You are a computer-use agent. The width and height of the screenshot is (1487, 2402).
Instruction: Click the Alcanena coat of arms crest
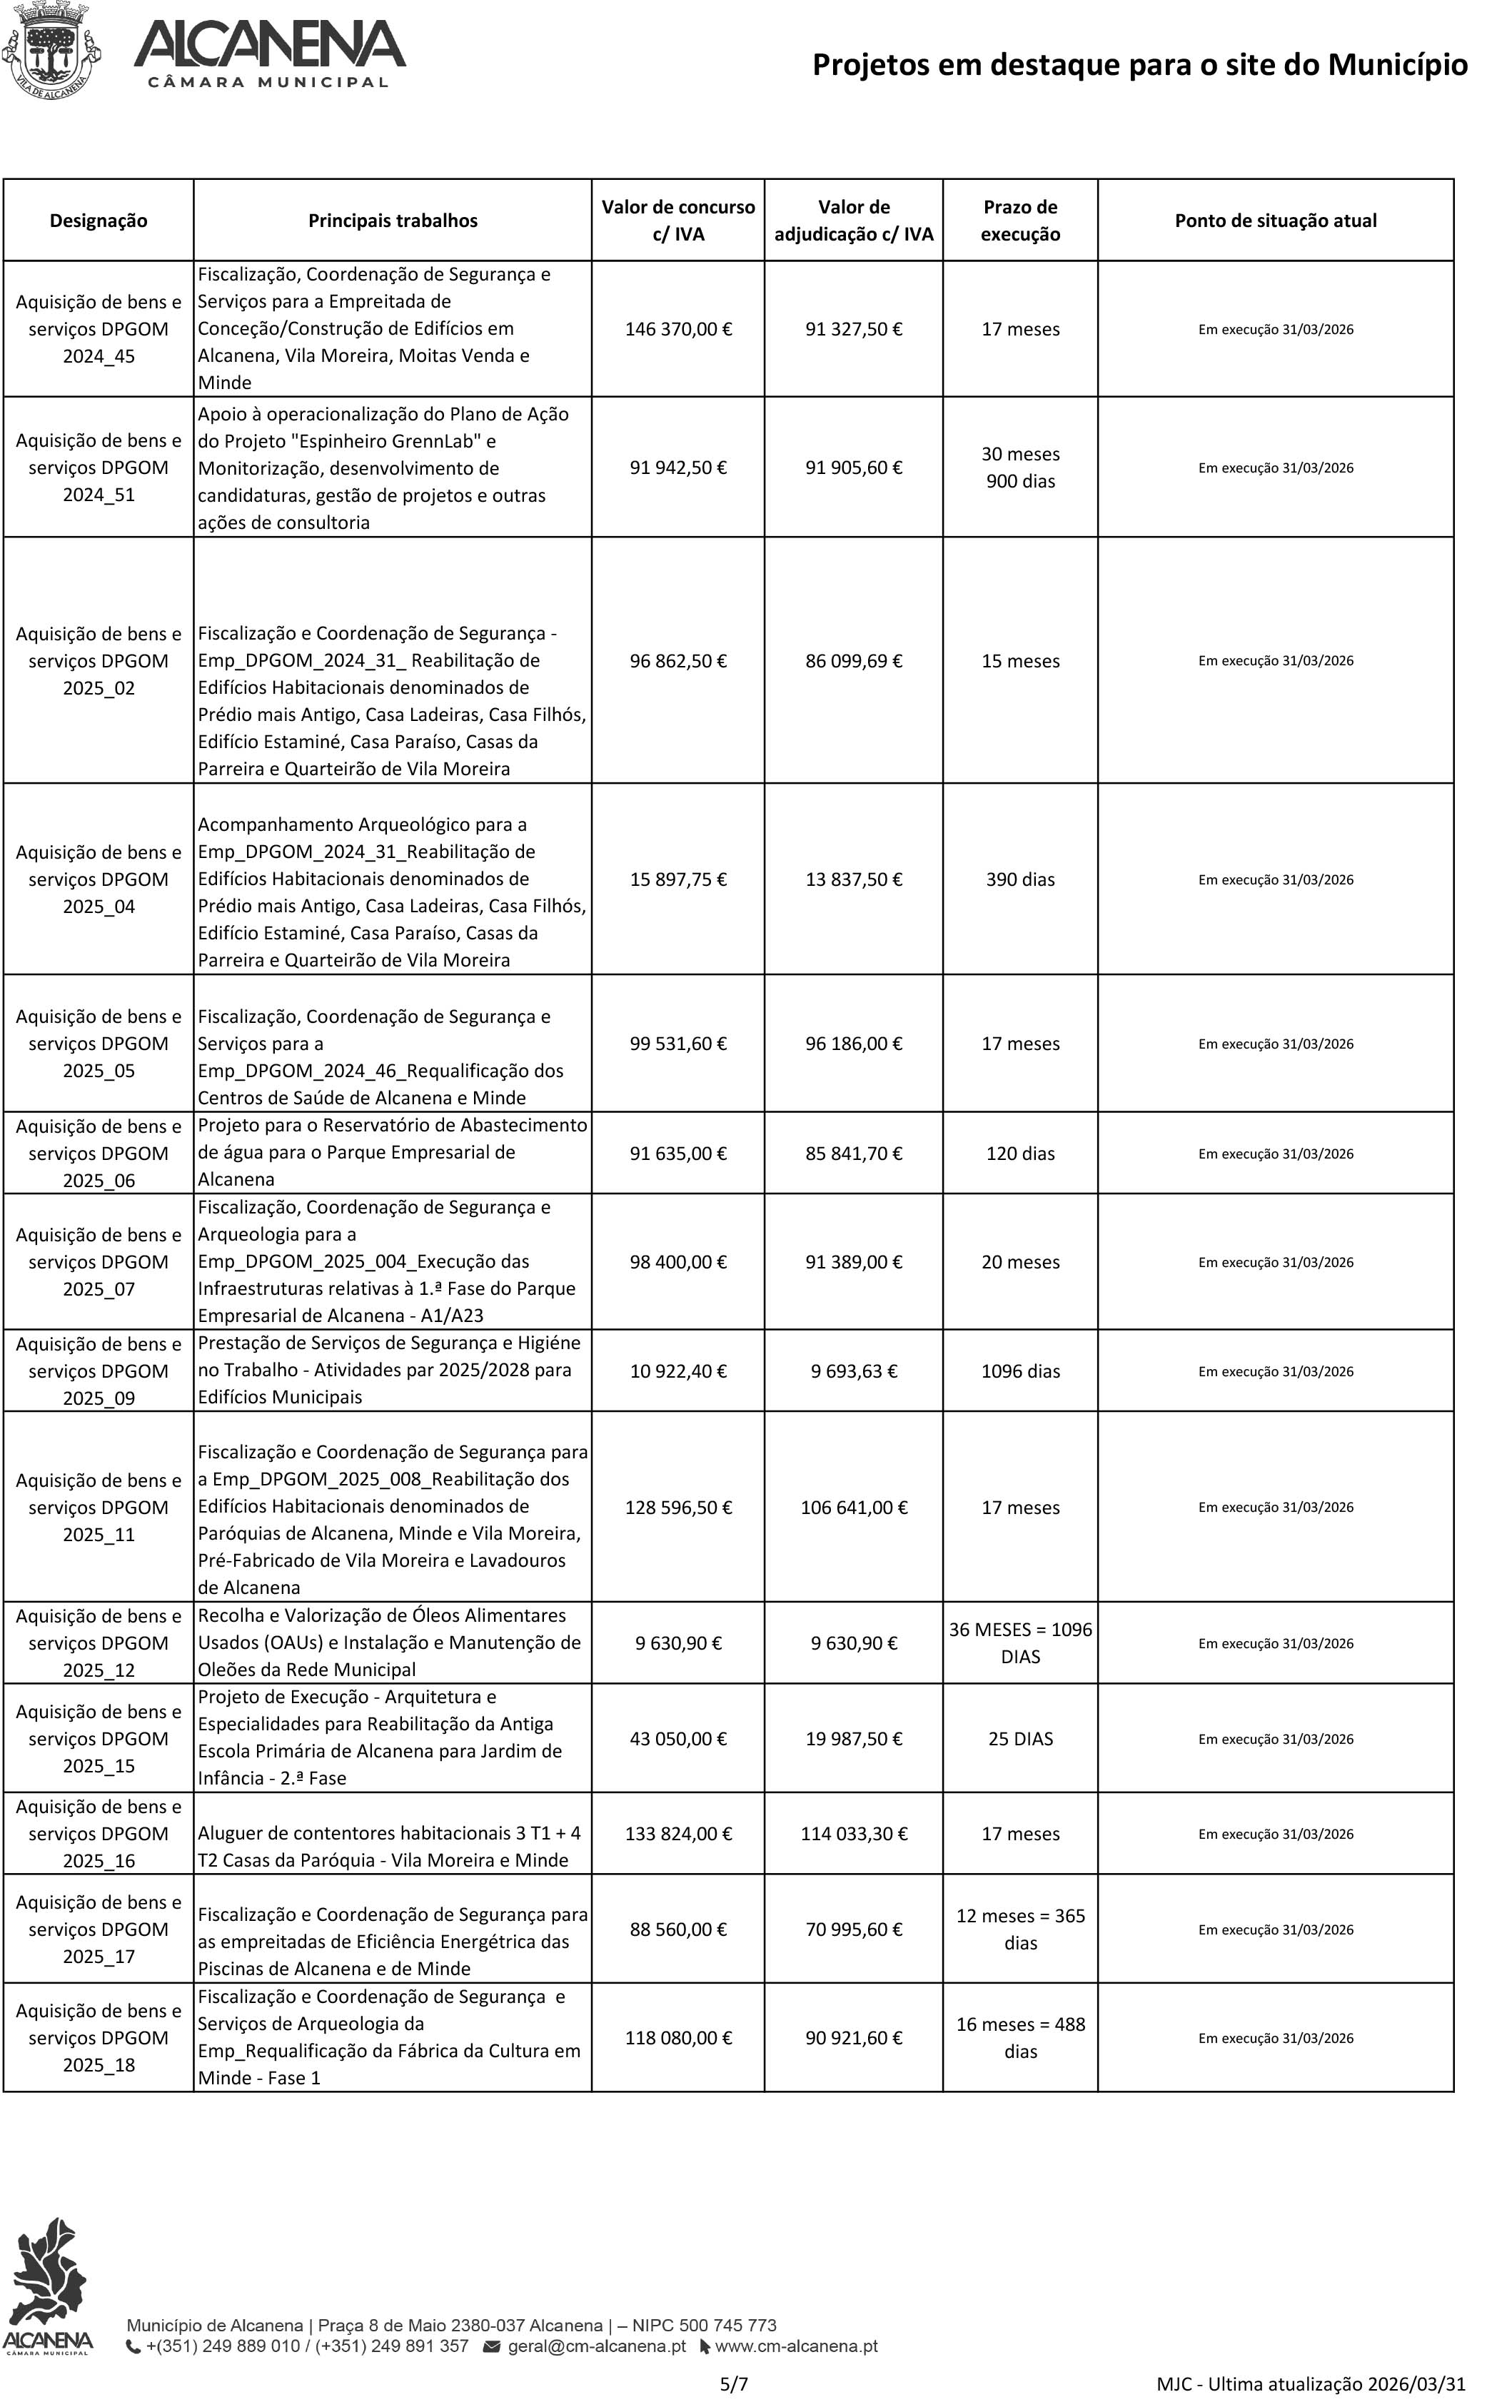[x=51, y=49]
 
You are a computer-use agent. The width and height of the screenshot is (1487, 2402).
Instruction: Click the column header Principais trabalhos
[x=393, y=221]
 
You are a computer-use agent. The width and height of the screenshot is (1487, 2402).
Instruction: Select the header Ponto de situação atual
[x=1276, y=221]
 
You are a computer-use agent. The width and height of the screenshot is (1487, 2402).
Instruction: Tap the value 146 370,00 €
[x=677, y=329]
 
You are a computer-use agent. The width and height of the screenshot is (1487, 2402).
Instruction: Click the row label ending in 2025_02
[x=99, y=661]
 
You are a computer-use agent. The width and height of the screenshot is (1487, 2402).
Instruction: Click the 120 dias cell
[x=1020, y=1154]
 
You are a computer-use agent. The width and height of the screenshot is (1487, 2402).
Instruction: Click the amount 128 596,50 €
[x=677, y=1508]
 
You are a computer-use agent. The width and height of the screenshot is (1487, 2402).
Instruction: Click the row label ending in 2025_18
[x=99, y=2038]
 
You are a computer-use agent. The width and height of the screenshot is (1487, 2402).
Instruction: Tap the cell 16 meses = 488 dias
[x=1020, y=2038]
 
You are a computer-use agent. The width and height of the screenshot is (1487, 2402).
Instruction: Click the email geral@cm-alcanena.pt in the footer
[x=596, y=2346]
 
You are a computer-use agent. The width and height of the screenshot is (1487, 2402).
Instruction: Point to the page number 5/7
[x=734, y=2384]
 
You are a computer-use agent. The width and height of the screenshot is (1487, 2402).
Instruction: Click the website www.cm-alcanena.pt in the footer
[x=796, y=2346]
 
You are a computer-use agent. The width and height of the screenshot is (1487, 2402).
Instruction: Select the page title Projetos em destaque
[x=1139, y=65]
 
